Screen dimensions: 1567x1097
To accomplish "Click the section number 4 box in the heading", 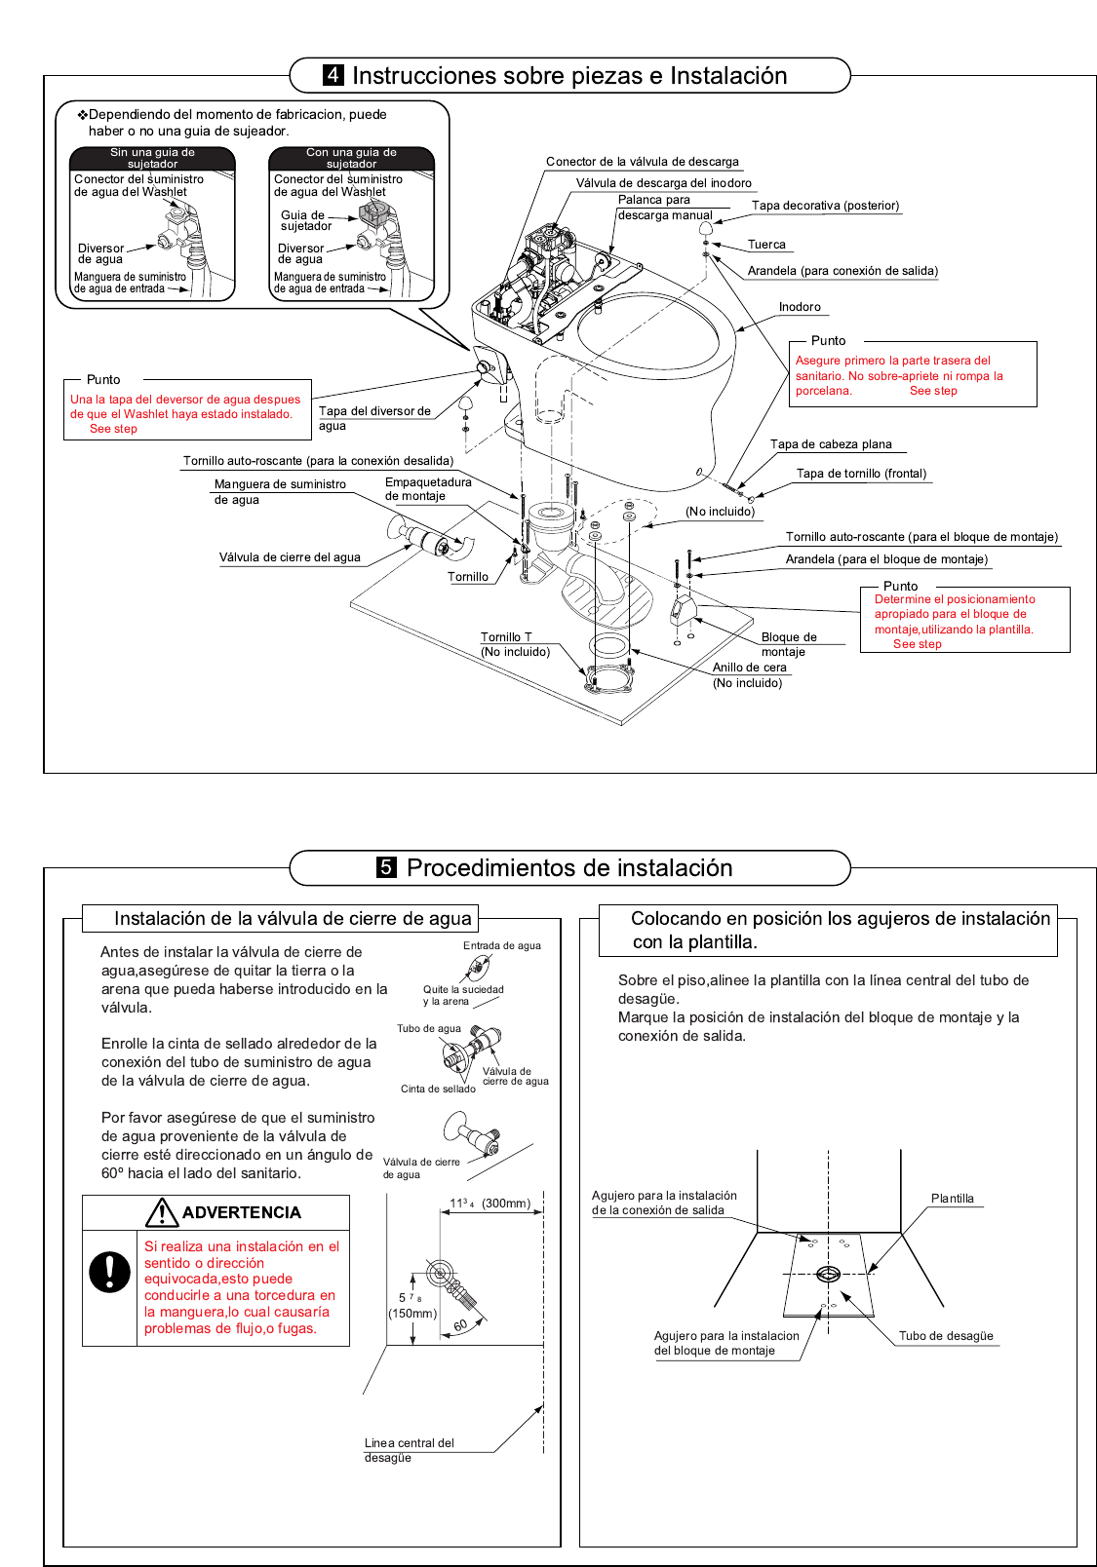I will tap(333, 75).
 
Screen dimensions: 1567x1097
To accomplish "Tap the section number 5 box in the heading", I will tap(387, 867).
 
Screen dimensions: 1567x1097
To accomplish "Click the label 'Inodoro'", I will tap(800, 307).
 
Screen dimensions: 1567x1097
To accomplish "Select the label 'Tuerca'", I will tap(766, 245).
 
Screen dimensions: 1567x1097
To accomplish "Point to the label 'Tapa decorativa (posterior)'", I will tap(825, 206).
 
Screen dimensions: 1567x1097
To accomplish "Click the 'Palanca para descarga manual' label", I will tap(664, 208).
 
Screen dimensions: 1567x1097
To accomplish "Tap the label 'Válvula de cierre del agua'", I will tap(290, 557).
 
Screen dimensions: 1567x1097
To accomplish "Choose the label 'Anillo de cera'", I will tap(749, 668).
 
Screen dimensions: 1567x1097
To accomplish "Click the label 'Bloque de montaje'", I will tap(788, 644).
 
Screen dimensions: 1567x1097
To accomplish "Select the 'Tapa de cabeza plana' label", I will tap(831, 444).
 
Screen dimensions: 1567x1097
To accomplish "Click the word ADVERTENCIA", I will tap(242, 1212).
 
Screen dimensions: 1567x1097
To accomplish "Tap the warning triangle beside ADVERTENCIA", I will tap(161, 1212).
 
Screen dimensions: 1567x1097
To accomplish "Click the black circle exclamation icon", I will tap(109, 1272).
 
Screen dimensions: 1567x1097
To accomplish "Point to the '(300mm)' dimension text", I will tap(506, 1204).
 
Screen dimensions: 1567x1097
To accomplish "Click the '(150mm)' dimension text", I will tap(412, 1314).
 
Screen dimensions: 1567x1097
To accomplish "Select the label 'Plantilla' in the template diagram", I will tap(952, 1199).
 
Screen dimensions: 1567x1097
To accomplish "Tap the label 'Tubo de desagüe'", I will tap(946, 1336).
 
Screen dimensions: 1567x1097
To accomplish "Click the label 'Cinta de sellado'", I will tap(438, 1089).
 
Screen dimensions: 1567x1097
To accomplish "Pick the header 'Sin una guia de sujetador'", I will tap(152, 158).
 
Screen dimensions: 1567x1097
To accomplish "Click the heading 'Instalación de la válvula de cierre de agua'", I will tap(293, 918).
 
